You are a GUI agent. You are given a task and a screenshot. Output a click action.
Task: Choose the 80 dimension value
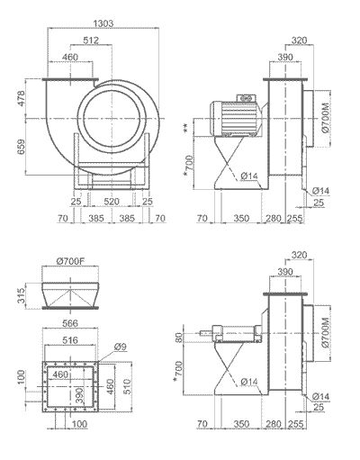click(181, 338)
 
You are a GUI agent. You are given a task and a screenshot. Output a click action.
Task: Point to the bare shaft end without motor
click(212, 335)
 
